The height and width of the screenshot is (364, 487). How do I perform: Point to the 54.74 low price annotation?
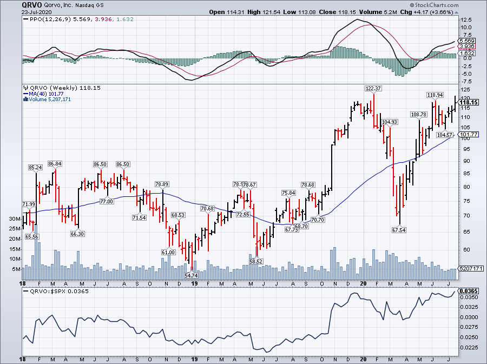pos(192,275)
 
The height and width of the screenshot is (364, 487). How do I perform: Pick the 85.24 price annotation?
pos(36,168)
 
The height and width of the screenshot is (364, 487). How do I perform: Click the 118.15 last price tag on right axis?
pos(469,102)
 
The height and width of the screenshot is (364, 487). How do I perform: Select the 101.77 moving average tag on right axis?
pos(469,134)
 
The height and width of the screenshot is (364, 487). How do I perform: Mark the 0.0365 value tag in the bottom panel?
pos(468,291)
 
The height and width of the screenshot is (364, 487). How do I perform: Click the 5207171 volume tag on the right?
pos(469,269)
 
